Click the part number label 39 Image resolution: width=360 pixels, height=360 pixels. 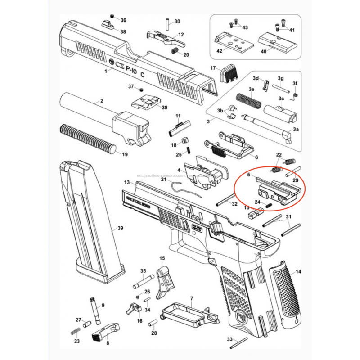(x=120, y=229)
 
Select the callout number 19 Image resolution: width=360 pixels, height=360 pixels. (x=125, y=154)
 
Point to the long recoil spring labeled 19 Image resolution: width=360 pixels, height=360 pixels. (x=88, y=138)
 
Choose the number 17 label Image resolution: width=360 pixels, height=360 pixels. (x=214, y=68)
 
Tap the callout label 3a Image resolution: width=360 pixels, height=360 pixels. (x=296, y=129)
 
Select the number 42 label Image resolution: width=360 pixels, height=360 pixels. (x=220, y=51)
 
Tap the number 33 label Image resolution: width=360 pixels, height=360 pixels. (x=229, y=339)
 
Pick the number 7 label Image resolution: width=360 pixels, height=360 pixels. (x=191, y=298)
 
